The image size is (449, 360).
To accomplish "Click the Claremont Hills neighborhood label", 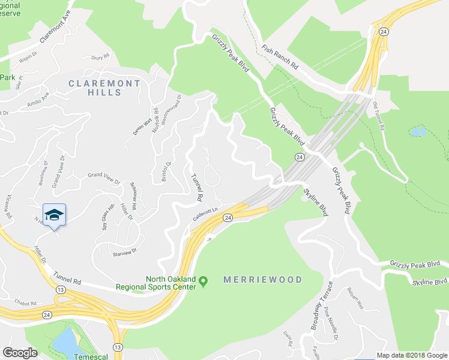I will point(104,88).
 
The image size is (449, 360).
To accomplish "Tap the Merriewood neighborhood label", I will point(262,280).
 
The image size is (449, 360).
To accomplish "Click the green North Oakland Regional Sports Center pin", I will point(203,281).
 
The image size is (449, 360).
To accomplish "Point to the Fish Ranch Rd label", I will point(280,59).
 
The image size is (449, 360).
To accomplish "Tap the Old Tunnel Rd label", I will point(382,120).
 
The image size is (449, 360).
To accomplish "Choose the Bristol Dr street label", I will point(167,170).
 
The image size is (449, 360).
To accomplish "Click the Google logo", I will point(20,353).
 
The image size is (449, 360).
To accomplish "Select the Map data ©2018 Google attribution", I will point(411,355).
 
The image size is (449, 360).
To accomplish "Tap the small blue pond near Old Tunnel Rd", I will point(418,131).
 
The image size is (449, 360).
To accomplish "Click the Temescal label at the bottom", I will point(70,355).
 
